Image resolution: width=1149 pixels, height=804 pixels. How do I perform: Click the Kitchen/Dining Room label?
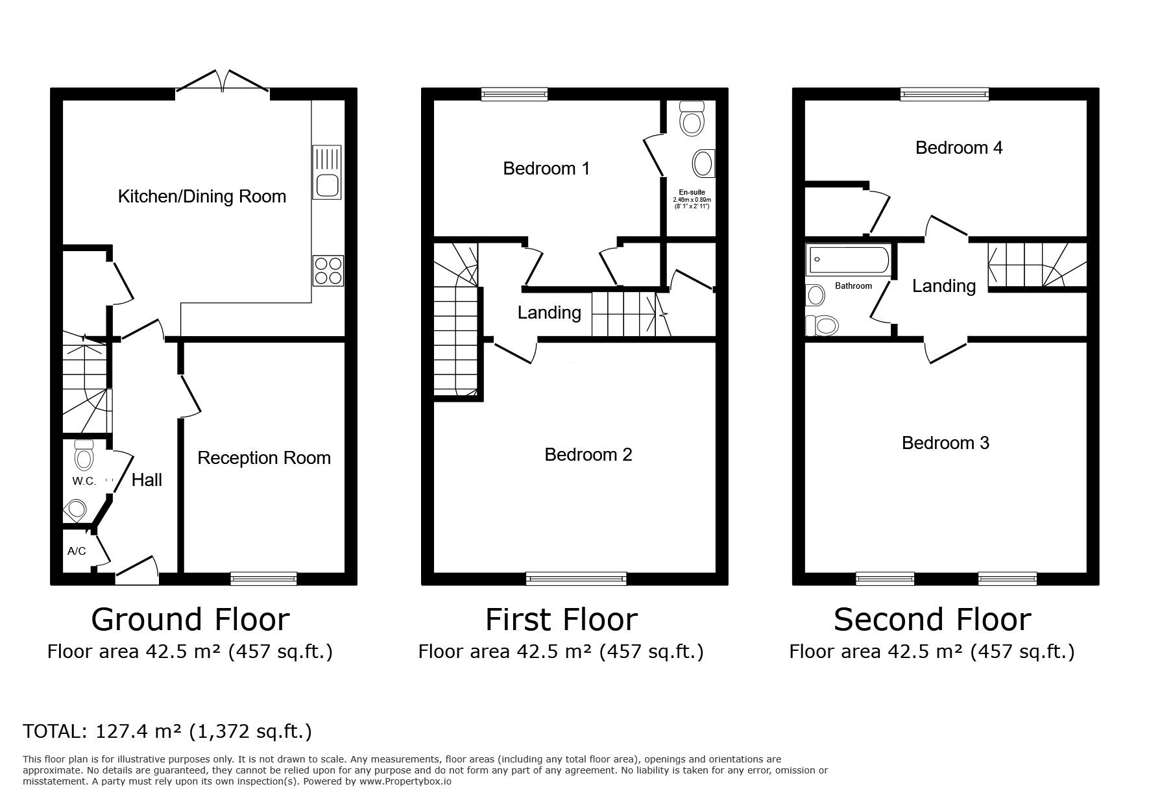(202, 196)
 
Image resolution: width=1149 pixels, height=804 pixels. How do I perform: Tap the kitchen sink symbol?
(327, 172)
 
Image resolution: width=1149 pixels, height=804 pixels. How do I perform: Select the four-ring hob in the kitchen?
(328, 271)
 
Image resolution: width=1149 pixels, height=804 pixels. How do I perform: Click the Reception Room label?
(264, 458)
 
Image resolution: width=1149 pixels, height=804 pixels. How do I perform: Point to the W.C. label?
(84, 481)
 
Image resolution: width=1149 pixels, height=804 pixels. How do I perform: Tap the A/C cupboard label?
(77, 552)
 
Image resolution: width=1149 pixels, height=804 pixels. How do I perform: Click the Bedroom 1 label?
(546, 169)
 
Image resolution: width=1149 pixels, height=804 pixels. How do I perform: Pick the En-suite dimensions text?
(692, 202)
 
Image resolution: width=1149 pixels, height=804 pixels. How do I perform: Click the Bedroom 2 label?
(588, 454)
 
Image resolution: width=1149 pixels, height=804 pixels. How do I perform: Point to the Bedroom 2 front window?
(576, 577)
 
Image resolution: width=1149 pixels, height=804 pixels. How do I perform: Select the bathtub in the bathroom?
(847, 260)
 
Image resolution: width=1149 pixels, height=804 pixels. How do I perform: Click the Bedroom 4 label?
(959, 148)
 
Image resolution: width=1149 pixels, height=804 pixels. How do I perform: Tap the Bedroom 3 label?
(945, 443)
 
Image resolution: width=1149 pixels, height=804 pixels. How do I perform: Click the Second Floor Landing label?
(944, 286)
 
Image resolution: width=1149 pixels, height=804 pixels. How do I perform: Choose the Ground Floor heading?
(190, 619)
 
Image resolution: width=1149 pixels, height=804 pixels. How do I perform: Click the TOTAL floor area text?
(167, 732)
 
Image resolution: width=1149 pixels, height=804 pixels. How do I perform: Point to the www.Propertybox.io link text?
(405, 781)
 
